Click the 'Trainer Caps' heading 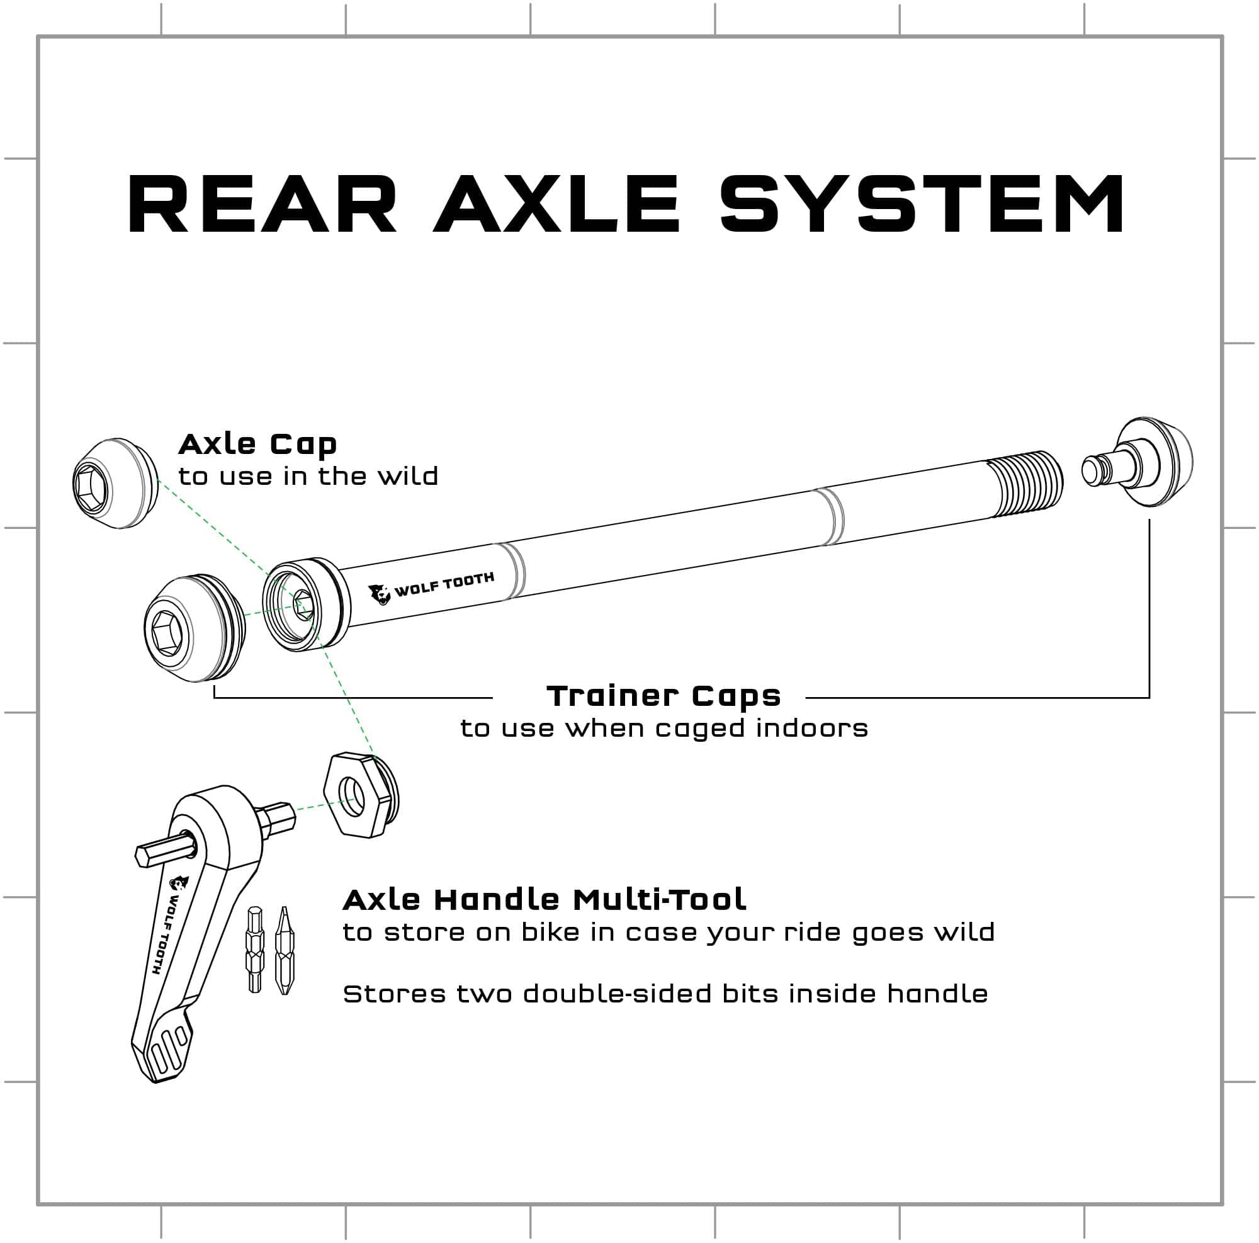(x=663, y=697)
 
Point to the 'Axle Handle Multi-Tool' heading (x=544, y=900)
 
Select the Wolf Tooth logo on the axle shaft (x=431, y=587)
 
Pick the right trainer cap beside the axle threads (x=1138, y=462)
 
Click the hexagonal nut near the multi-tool (x=361, y=795)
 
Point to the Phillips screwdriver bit (x=283, y=950)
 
